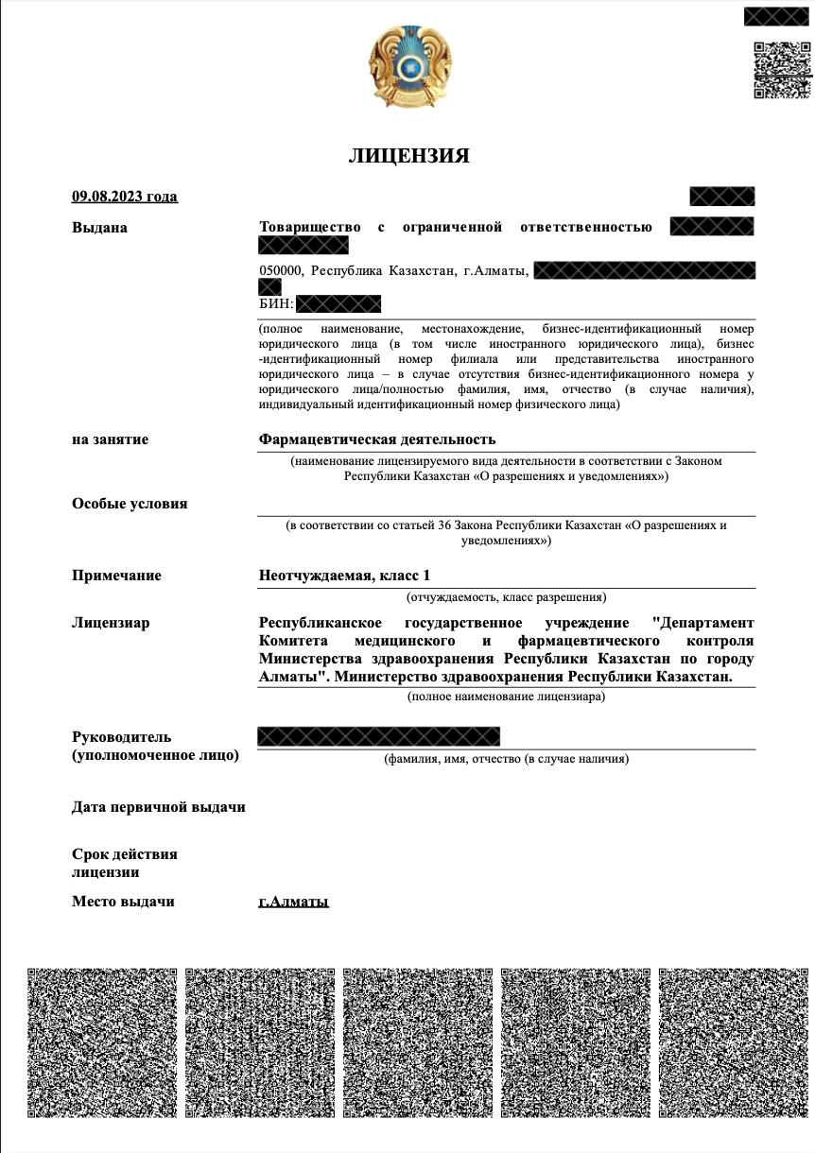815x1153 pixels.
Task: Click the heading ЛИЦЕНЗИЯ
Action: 408,156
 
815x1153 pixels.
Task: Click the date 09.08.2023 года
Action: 125,197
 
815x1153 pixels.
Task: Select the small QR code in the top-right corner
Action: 781,70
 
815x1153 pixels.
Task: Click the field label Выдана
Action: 99,228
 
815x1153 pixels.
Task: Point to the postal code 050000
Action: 281,271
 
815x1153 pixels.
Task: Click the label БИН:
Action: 276,303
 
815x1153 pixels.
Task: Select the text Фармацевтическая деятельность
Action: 377,439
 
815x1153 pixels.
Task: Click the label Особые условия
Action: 130,504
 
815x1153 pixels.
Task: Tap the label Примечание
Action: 116,576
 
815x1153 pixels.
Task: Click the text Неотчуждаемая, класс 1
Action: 344,576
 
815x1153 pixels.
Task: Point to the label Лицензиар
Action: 111,623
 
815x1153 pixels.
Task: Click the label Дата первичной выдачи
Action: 159,807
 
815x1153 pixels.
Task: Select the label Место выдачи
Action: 123,902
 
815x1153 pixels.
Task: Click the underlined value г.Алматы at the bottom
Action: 293,902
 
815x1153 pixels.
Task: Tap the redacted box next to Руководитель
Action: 378,736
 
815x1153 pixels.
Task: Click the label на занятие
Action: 110,439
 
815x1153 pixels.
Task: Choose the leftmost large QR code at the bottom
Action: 102,1042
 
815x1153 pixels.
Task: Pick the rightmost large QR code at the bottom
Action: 733,1042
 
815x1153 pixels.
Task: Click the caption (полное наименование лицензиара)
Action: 506,697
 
